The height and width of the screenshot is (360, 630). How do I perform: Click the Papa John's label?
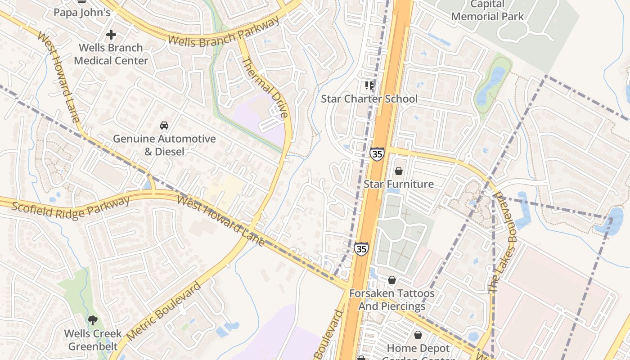[82, 12]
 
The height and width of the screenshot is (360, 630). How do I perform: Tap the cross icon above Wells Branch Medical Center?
[111, 35]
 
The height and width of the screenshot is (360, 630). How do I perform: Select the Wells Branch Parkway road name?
[223, 33]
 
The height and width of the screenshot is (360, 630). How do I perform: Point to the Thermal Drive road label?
[265, 88]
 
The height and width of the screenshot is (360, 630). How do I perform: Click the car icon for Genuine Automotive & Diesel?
[164, 126]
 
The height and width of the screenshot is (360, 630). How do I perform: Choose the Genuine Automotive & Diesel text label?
[164, 145]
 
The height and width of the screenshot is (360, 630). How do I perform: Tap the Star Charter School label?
[369, 99]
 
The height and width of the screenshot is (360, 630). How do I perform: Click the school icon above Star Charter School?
[369, 85]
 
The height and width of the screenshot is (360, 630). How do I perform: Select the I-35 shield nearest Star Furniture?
[377, 154]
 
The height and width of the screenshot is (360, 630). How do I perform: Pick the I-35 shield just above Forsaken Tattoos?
[360, 248]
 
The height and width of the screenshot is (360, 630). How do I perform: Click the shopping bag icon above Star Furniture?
[398, 171]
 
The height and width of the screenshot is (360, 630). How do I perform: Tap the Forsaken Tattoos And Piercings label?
[392, 300]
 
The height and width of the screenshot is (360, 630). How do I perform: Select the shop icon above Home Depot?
[418, 335]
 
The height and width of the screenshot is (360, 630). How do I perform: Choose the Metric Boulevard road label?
[163, 311]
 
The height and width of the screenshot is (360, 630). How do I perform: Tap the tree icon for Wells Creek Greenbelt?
[93, 320]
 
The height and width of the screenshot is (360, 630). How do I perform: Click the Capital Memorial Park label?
[487, 11]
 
